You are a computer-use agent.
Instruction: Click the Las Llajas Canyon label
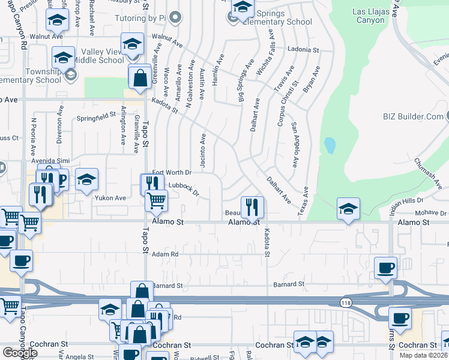(360, 16)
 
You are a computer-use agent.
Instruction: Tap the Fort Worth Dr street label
(172, 173)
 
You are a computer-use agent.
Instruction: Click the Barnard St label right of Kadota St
(289, 283)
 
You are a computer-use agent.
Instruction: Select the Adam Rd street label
(166, 254)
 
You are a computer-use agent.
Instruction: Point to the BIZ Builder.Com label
(415, 116)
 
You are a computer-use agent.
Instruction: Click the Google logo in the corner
(20, 353)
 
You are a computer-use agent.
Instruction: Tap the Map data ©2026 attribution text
(423, 355)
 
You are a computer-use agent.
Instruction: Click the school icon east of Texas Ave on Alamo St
(348, 209)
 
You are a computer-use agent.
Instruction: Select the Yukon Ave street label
(110, 197)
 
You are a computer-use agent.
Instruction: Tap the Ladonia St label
(303, 49)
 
